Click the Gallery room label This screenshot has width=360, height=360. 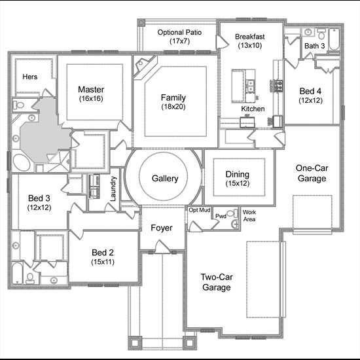coord(165,179)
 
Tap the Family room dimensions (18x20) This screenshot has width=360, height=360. coord(173,107)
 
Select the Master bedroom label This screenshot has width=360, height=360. coord(91,89)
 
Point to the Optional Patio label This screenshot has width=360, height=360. coord(179,32)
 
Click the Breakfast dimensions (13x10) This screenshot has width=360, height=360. coord(250,45)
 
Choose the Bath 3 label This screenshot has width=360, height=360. coord(315,46)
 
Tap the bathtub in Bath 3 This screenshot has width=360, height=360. coord(334,39)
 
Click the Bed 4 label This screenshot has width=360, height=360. coord(310,91)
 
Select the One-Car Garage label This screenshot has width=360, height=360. coord(312,173)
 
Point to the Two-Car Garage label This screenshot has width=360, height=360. coord(217,282)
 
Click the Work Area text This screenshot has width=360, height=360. coord(249,215)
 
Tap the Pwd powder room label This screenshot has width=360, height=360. coord(221,216)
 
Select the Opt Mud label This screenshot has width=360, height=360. coord(199,210)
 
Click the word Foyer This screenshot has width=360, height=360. coord(162,228)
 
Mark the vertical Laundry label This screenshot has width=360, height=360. coord(113,189)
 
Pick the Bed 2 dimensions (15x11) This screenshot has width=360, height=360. coord(103,262)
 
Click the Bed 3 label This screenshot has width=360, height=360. coord(39,198)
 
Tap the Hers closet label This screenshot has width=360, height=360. coord(30,77)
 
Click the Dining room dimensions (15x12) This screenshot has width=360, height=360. coord(238,183)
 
